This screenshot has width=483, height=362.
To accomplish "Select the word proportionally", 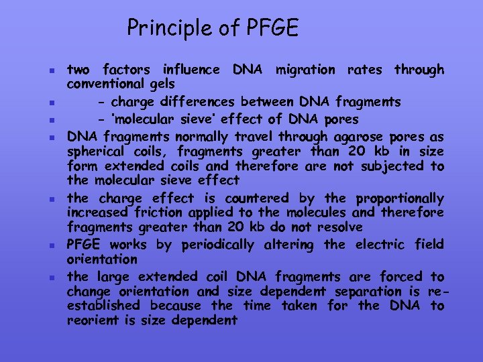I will click(x=400, y=198).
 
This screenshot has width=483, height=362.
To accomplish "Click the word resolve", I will click(x=340, y=227).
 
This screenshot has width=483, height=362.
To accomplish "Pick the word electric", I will click(x=376, y=245).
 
